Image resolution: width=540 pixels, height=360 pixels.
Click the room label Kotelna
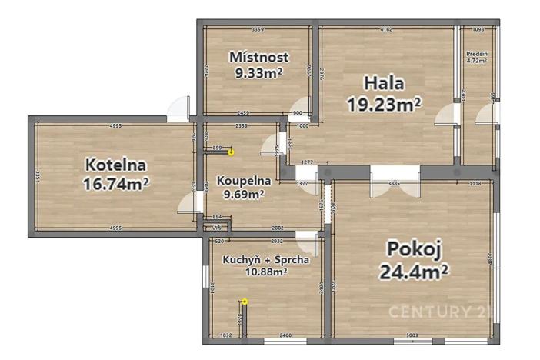tap(116, 164)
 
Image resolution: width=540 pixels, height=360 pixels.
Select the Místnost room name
tap(258, 56)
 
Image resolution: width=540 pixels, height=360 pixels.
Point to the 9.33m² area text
tap(258, 73)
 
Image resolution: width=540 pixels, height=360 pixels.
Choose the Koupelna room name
tap(243, 181)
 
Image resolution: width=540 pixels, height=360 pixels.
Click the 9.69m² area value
tap(243, 195)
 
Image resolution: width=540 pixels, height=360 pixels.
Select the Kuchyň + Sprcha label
tap(266, 259)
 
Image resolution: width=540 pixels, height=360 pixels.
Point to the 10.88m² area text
tap(265, 271)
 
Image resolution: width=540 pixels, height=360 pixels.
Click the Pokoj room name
tap(413, 249)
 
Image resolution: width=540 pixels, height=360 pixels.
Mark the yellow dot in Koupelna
tap(231, 153)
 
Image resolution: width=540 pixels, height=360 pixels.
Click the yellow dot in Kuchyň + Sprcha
tap(245, 302)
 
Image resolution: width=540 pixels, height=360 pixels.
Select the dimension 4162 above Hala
tap(385, 30)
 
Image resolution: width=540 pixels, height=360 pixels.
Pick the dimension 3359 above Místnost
tap(258, 30)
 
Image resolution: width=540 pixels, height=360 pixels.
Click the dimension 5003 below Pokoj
tap(412, 335)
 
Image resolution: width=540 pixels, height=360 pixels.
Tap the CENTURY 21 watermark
tap(439, 312)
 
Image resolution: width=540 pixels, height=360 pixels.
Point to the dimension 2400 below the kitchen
tap(285, 335)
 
